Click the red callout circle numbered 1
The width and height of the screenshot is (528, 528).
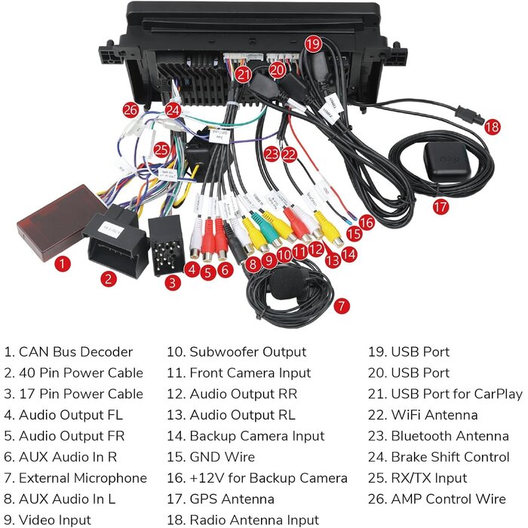(63, 263)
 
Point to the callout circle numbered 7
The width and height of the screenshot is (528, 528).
(342, 305)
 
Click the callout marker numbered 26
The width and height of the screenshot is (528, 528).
(131, 109)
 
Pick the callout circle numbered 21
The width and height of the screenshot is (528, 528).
(243, 74)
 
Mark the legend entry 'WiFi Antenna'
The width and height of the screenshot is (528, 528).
(434, 414)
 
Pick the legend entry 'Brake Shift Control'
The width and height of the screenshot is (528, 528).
(450, 456)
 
